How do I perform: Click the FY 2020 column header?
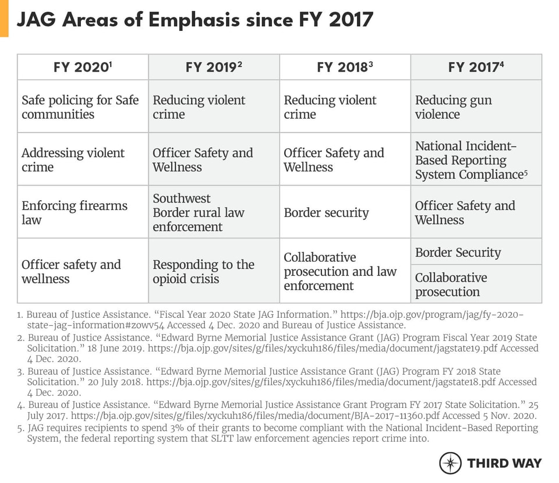(x=83, y=67)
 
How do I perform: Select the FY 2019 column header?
(x=214, y=67)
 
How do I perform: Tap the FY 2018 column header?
(x=345, y=67)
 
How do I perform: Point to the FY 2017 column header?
(x=476, y=67)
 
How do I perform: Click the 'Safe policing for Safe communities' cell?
(x=83, y=106)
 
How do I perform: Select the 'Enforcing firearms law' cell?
(x=83, y=212)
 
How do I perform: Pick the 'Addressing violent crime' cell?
(x=83, y=159)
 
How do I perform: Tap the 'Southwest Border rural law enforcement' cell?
(x=214, y=212)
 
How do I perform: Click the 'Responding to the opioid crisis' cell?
(x=214, y=271)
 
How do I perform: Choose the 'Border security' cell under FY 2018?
(x=345, y=212)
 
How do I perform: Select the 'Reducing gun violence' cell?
(x=476, y=106)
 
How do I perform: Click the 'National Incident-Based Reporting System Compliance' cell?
(x=476, y=159)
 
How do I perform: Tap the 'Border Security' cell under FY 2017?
(x=476, y=252)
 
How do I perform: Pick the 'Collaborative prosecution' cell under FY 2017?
(x=476, y=285)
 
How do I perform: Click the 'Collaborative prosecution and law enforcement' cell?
(x=345, y=271)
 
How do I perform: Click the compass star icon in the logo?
(x=450, y=463)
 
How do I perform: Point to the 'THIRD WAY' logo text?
(x=504, y=463)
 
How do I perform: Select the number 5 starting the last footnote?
(x=19, y=428)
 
